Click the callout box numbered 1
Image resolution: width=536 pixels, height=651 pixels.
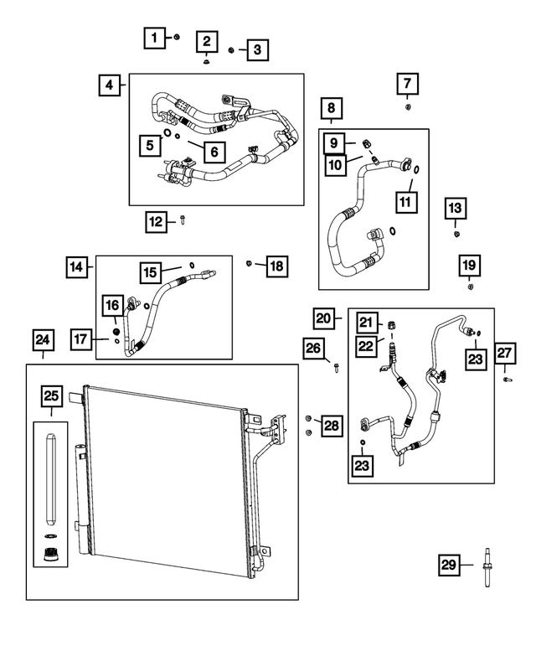point(153,37)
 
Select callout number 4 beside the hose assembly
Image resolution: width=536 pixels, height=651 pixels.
point(109,84)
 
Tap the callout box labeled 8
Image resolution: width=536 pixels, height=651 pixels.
point(331,107)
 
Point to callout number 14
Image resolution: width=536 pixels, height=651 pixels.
point(77,267)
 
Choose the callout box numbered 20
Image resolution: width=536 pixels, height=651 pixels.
point(325,318)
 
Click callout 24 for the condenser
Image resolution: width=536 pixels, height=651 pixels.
point(42,340)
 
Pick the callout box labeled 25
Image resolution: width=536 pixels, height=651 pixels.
point(50,395)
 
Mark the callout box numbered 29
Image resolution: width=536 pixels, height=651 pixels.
point(450,566)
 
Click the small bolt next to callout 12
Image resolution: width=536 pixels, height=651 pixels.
point(183,221)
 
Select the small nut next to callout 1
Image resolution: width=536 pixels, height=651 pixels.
point(178,37)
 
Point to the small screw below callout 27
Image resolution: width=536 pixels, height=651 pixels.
point(508,380)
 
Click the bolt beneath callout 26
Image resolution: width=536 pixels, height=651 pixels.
point(336,368)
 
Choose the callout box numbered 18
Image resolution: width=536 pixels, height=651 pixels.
point(276,266)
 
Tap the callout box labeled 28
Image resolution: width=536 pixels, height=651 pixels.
point(332,426)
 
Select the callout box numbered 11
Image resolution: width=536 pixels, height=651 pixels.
point(406,202)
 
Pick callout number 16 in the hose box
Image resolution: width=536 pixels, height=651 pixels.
point(112,306)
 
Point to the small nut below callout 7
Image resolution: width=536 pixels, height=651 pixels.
point(407,106)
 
